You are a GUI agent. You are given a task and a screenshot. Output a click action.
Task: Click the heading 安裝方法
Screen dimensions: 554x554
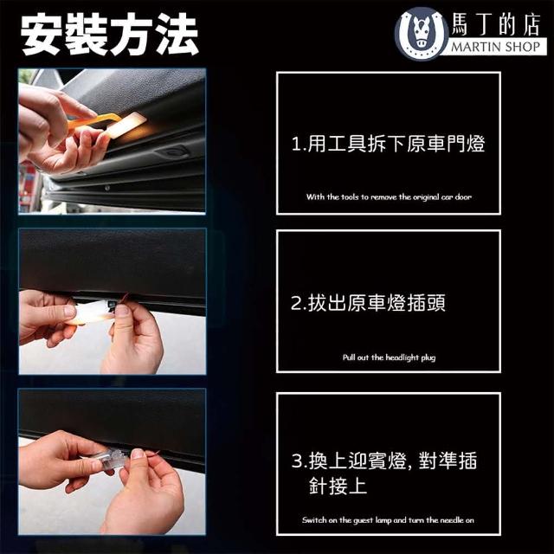pyautogui.click(x=110, y=35)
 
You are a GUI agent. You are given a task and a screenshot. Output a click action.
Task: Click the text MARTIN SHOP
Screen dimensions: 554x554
pyautogui.click(x=495, y=47)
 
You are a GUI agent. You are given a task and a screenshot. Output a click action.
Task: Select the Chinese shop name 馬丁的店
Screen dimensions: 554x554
pyautogui.click(x=496, y=25)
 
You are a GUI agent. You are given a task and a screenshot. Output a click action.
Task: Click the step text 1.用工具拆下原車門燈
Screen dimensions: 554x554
pyautogui.click(x=388, y=144)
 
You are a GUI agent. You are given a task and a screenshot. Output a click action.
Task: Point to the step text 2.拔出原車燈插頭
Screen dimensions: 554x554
pyautogui.click(x=368, y=303)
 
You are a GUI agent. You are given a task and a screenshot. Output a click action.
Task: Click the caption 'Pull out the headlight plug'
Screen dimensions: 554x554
pyautogui.click(x=389, y=358)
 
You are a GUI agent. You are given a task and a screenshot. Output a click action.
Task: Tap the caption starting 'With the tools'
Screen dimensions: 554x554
pyautogui.click(x=389, y=196)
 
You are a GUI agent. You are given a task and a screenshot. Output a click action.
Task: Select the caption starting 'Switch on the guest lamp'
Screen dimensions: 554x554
pyautogui.click(x=388, y=520)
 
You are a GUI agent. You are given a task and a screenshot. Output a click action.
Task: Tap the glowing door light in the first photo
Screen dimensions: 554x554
pyautogui.click(x=126, y=126)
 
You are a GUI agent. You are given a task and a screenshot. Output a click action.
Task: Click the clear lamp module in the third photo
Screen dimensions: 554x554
pyautogui.click(x=109, y=460)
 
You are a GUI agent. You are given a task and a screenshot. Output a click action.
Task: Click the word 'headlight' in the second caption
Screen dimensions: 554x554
pyautogui.click(x=402, y=358)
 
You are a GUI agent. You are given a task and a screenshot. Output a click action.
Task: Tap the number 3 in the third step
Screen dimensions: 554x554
pyautogui.click(x=296, y=461)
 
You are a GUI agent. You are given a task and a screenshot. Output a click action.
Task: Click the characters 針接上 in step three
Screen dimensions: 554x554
pyautogui.click(x=338, y=486)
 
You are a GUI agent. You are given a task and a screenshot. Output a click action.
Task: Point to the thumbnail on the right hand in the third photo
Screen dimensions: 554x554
pyautogui.click(x=137, y=454)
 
